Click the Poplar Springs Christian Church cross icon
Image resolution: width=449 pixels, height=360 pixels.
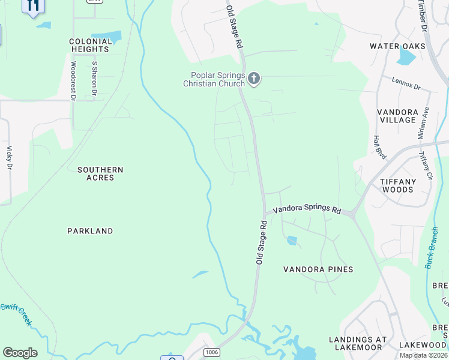point(254,78)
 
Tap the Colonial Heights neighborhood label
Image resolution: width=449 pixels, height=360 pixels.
point(91,45)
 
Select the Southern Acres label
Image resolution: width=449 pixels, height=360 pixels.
point(100,174)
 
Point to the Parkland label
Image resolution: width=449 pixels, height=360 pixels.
point(90,231)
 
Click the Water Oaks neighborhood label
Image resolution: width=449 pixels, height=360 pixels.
point(397,46)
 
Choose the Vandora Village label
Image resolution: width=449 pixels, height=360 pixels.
point(397,116)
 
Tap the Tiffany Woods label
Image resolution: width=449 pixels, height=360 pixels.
point(397,185)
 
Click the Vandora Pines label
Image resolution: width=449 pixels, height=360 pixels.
point(318,269)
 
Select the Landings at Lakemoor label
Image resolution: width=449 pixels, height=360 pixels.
point(358,343)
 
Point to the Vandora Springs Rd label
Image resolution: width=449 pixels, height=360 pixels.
point(307,211)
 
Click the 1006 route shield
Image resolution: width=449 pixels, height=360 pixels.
point(210,352)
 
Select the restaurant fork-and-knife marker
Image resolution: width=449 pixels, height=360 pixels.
point(33,5)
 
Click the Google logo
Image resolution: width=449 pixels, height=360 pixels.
point(20,353)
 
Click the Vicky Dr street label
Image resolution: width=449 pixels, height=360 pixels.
point(9,157)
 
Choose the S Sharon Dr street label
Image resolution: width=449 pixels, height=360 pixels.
point(94,78)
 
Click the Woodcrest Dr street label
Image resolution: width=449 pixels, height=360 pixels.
point(73,80)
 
